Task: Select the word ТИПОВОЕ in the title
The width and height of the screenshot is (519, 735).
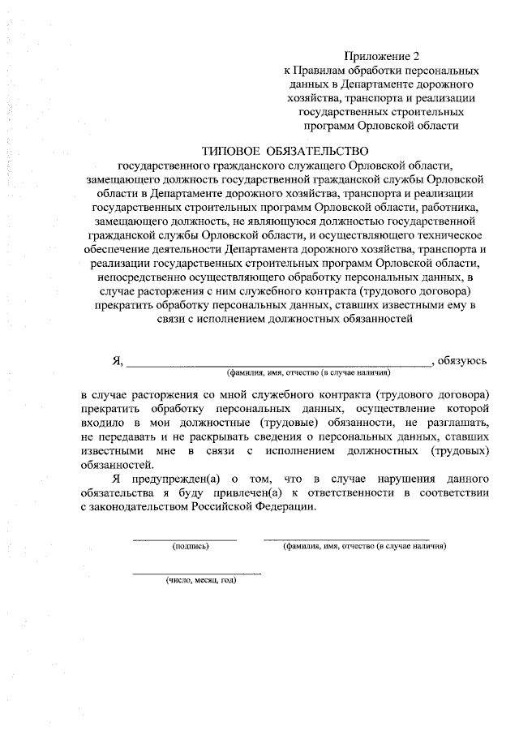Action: pyautogui.click(x=235, y=150)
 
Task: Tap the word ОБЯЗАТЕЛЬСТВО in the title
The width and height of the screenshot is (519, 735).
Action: pyautogui.click(x=317, y=150)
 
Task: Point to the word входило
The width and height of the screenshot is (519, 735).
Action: pyautogui.click(x=101, y=423)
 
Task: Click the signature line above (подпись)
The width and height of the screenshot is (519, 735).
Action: pyautogui.click(x=185, y=539)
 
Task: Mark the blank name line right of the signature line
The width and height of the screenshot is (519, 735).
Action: pyautogui.click(x=346, y=539)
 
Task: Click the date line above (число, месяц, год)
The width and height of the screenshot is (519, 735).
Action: pyautogui.click(x=197, y=573)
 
